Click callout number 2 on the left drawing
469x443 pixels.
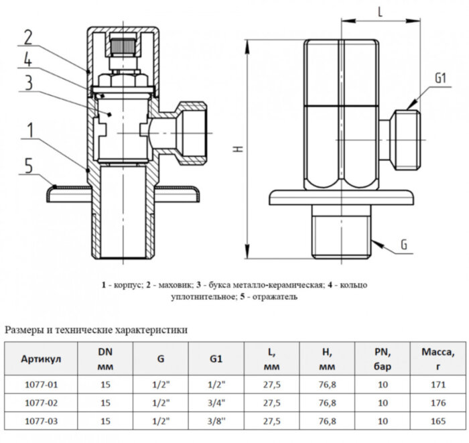point(28,36)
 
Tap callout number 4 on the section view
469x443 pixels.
point(28,60)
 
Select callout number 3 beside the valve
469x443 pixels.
point(28,83)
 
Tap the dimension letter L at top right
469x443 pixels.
point(379,12)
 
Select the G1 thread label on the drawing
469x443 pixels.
point(440,79)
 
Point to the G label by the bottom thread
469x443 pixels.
point(403,245)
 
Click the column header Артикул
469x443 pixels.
point(42,359)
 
